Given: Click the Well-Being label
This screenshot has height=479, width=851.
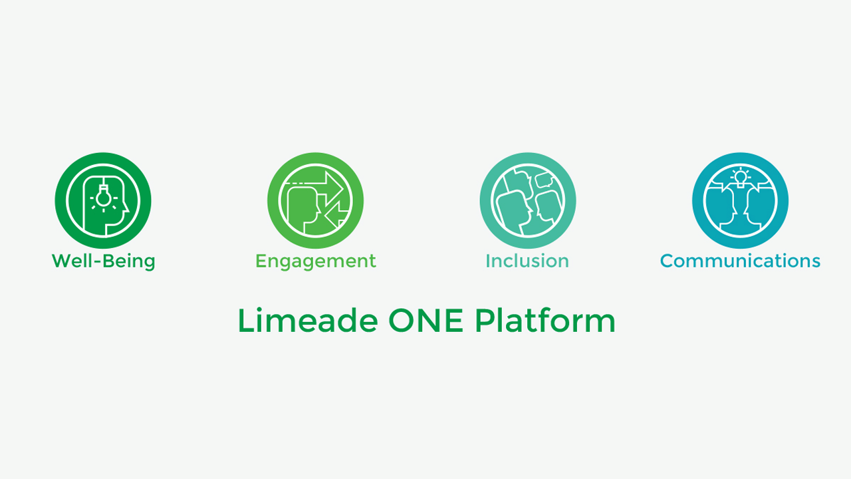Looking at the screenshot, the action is (103, 261).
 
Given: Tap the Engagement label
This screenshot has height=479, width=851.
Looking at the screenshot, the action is (316, 261).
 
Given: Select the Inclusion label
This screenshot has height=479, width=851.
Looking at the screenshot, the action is (527, 261).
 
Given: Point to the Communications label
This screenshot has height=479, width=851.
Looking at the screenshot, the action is (740, 261).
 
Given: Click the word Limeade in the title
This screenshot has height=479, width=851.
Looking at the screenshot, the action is (308, 321).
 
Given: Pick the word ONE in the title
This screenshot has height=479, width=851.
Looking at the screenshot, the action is (426, 321).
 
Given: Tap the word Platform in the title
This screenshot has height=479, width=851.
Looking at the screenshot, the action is (545, 321).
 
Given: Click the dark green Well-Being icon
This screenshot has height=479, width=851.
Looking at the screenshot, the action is (103, 200).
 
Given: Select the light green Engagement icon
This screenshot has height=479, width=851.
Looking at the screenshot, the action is (315, 200).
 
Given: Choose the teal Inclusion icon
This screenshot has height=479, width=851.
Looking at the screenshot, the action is (528, 200).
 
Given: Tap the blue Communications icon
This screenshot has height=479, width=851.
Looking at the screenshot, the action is (740, 200).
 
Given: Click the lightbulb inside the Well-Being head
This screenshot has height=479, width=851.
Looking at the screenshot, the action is (103, 196).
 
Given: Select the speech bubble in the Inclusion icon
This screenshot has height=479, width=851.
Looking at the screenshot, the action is (544, 180).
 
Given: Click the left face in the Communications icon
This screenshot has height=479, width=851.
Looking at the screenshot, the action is (720, 208).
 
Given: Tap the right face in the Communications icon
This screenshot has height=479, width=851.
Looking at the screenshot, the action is (760, 208).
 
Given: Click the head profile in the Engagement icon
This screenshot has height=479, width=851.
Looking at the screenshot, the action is (303, 210).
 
